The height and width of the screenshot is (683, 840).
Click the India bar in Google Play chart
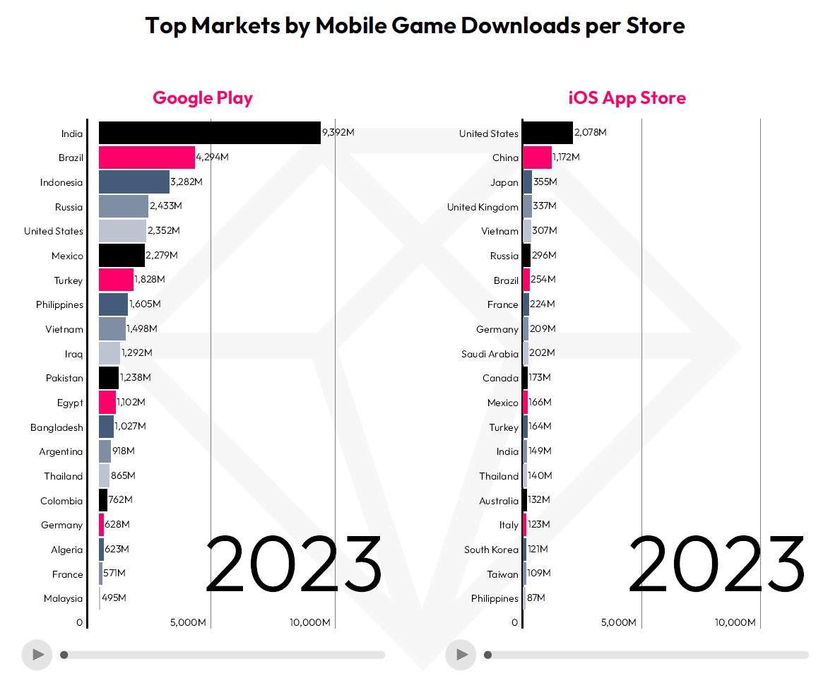209,133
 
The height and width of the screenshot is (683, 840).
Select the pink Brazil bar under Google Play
146,158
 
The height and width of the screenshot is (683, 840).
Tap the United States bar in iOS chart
548,133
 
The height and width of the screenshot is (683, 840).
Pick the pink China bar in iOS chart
537,158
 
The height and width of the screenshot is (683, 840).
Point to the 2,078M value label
590,133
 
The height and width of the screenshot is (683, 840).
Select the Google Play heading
203,97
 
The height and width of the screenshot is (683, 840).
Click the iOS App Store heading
627,97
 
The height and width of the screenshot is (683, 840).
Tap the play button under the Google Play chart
37,655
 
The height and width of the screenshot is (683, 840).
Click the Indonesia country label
61,182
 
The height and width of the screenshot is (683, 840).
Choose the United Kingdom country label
483,207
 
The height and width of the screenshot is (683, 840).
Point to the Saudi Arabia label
490,354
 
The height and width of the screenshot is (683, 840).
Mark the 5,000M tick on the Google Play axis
189,622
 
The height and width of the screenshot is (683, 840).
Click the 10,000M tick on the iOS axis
735,622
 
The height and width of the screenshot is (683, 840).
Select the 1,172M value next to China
566,158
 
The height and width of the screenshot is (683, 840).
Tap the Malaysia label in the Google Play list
63,598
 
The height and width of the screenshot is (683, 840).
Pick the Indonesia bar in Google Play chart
134,182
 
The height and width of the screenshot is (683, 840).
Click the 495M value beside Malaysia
114,598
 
